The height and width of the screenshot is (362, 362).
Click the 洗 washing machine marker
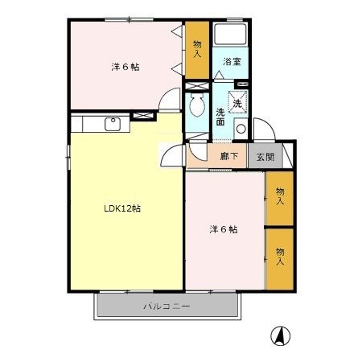pos(237,102)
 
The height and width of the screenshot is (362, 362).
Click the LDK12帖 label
pos(122,208)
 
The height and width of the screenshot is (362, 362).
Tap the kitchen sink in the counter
pos(112,123)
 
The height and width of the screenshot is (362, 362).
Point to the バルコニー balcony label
pos(167,306)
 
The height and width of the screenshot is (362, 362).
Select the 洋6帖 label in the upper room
pos(125,67)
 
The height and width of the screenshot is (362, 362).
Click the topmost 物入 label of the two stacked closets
pos(279,195)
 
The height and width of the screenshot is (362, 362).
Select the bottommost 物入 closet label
pos(279,256)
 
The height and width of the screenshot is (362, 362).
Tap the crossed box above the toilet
pos(195,84)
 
